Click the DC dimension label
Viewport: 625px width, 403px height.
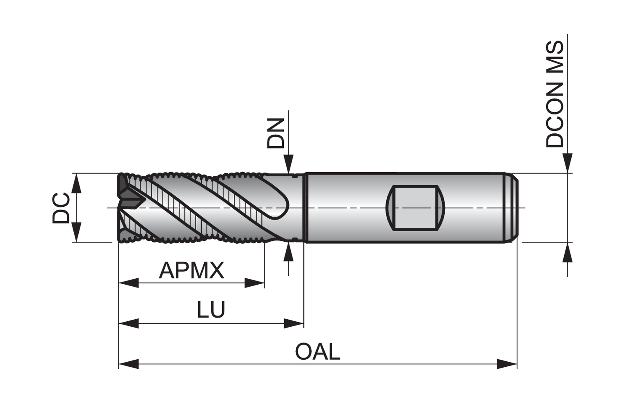coord(61,208)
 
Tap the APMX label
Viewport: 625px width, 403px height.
coord(191,270)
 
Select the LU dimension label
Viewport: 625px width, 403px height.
coord(211,310)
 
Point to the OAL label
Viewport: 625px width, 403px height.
coord(317,352)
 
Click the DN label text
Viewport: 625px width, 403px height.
coord(276,133)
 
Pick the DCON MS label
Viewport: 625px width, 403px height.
coord(555,94)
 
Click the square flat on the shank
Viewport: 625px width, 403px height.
coord(415,208)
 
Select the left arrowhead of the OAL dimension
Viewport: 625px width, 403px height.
coord(129,364)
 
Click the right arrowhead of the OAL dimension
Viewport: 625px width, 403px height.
coord(507,364)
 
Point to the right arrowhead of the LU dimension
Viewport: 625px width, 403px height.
coord(294,323)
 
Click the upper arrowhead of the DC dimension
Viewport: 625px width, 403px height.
coord(76,184)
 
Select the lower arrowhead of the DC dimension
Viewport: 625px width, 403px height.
coord(76,232)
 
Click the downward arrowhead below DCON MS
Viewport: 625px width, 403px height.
coord(567,163)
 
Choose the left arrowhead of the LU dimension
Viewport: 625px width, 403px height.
coord(129,323)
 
